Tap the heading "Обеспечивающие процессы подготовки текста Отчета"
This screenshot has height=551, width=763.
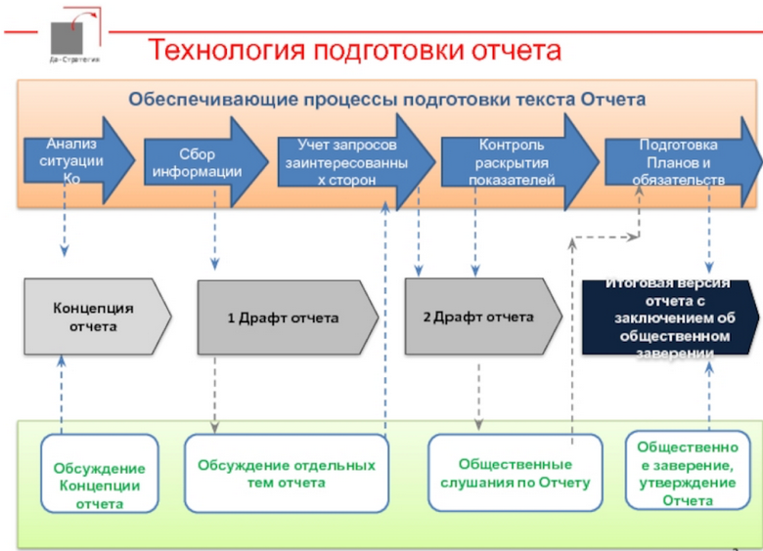pyautogui.click(x=387, y=100)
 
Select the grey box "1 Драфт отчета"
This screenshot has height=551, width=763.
pyautogui.click(x=285, y=318)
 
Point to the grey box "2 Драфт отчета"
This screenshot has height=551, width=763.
pyautogui.click(x=480, y=317)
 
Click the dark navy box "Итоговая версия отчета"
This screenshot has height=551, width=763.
pyautogui.click(x=670, y=318)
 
